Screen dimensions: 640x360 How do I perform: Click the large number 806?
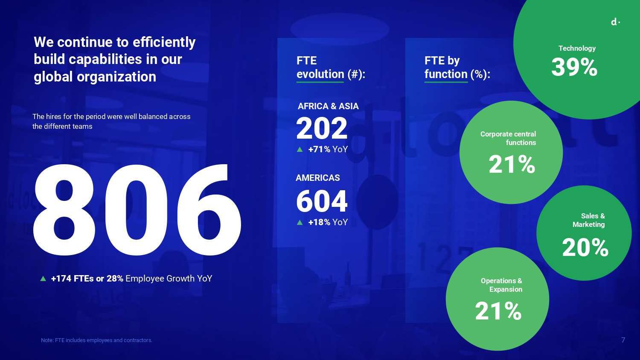[x=137, y=210]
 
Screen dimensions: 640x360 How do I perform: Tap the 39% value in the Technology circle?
[x=574, y=67]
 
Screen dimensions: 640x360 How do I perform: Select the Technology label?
[x=577, y=48]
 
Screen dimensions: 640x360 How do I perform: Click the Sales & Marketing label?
[x=588, y=220]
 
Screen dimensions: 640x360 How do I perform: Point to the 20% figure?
[x=585, y=247]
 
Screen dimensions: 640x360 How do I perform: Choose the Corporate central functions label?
[x=508, y=138]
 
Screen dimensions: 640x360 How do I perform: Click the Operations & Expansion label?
[x=501, y=285]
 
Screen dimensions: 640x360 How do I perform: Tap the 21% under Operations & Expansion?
[x=498, y=311]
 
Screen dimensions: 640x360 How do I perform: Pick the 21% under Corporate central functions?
[x=512, y=164]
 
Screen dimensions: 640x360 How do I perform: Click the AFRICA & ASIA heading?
[x=328, y=106]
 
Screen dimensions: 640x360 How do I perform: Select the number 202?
[x=322, y=128]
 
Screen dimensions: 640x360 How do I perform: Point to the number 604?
[x=322, y=201]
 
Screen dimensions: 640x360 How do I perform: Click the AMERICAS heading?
[x=318, y=178]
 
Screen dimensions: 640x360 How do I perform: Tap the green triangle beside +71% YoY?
[x=300, y=149]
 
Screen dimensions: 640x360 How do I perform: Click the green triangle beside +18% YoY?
[x=300, y=222]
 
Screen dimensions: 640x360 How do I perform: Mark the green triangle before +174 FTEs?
[x=43, y=279]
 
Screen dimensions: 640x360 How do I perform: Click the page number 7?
[x=623, y=340]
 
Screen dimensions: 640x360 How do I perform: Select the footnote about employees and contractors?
[x=96, y=340]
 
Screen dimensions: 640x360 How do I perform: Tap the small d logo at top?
[x=615, y=22]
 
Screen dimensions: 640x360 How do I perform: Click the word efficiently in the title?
[x=164, y=42]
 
